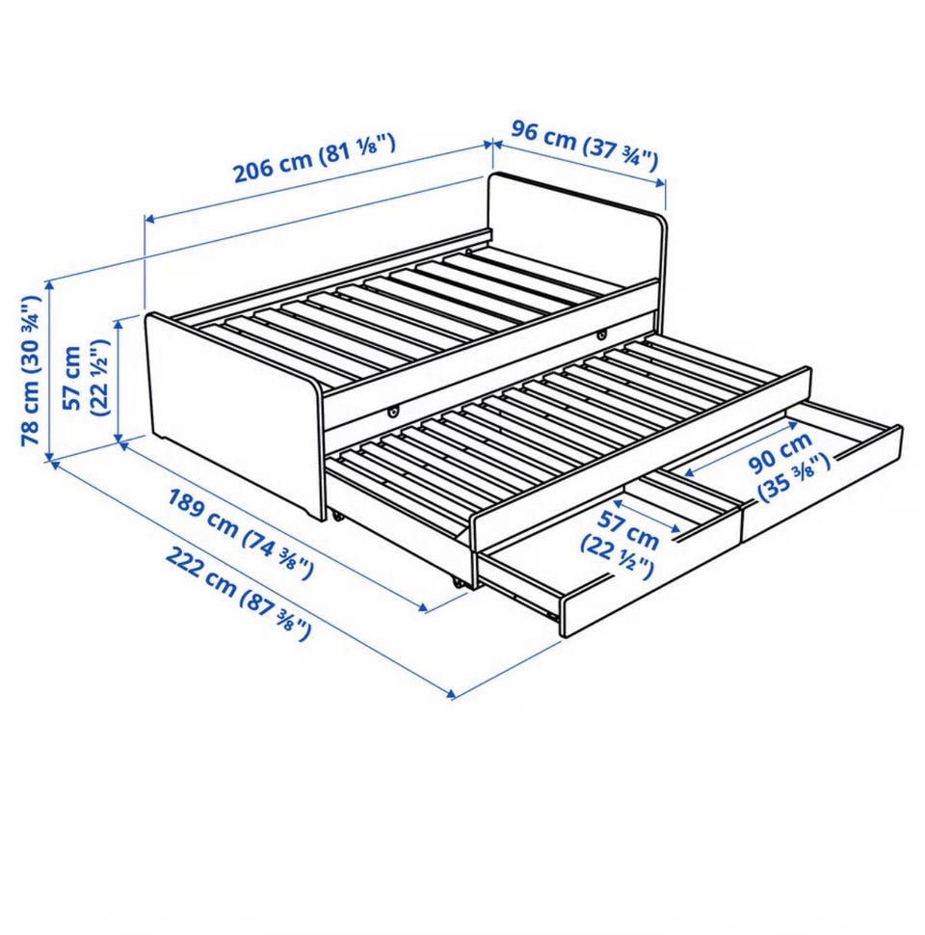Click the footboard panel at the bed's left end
[233, 412]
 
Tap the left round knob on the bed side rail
[392, 411]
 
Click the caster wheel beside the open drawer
[459, 584]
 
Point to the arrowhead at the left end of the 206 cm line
[150, 219]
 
